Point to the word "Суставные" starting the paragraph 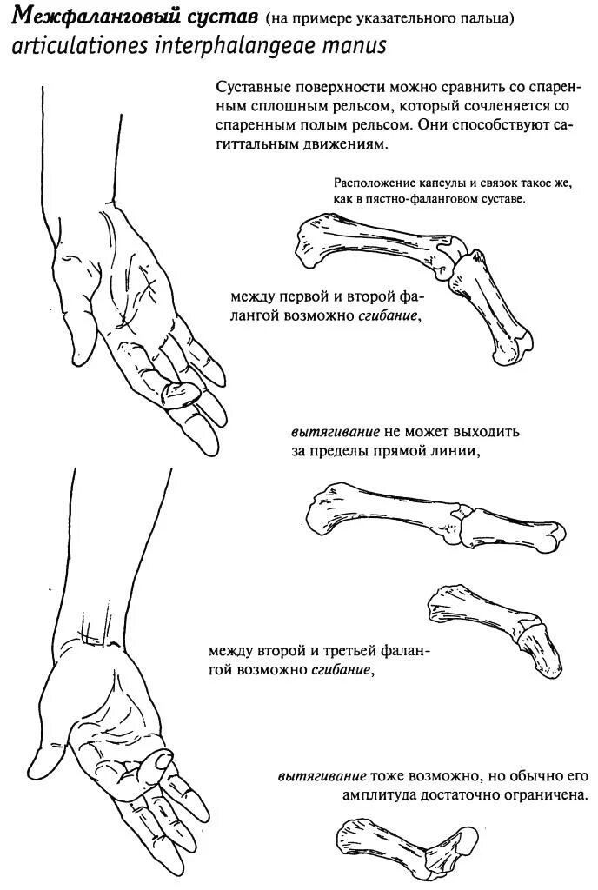point(251,88)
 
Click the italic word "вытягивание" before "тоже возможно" point(322,775)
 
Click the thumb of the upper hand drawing point(83,335)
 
